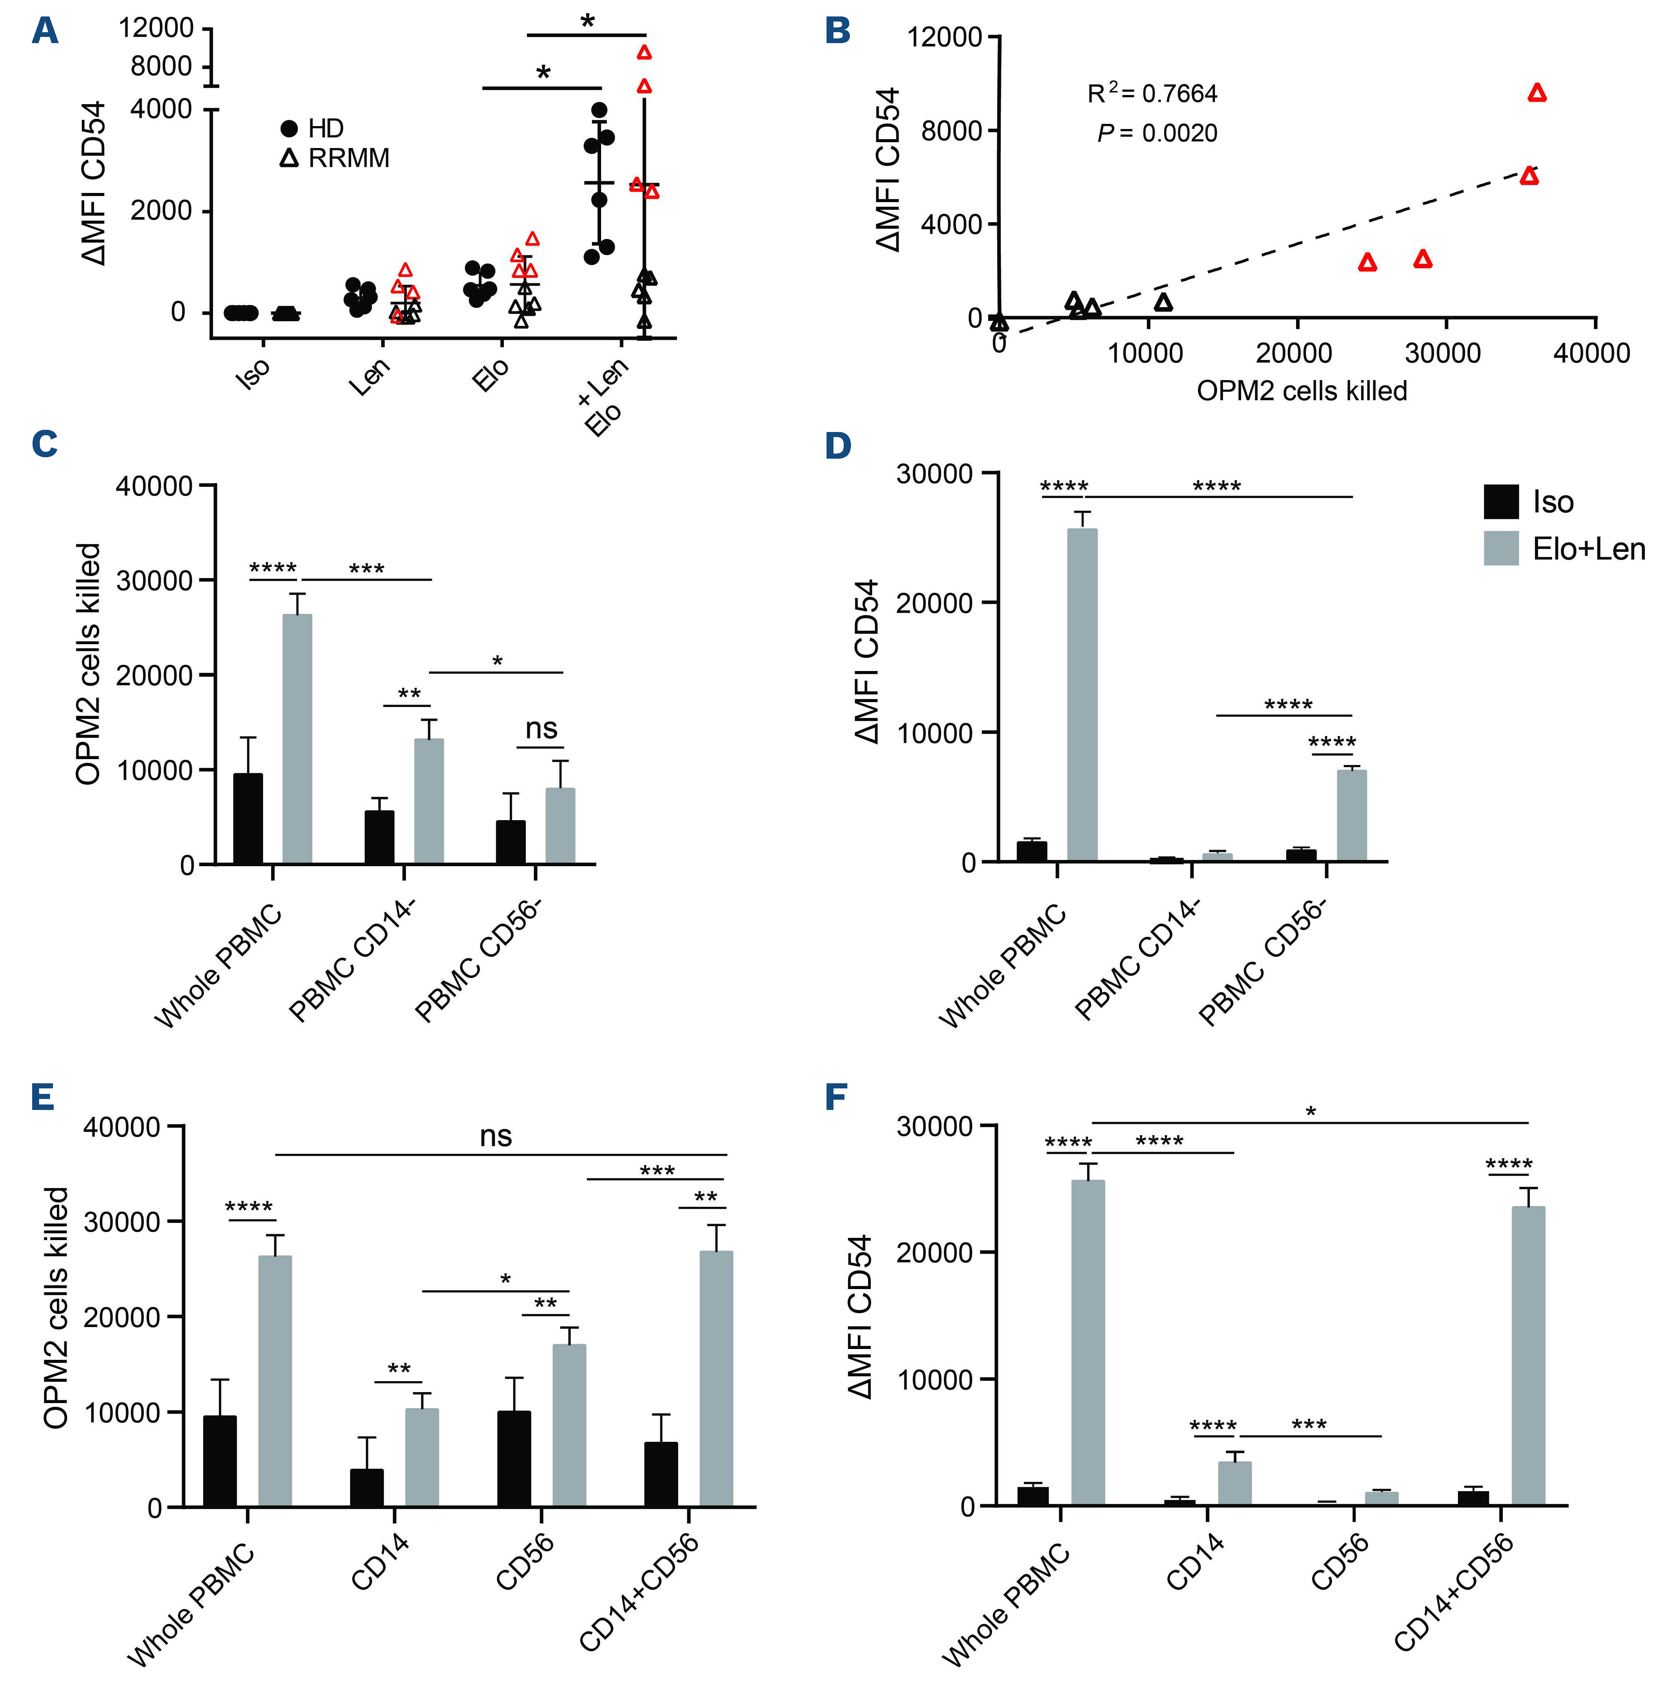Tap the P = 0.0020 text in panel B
click(1157, 133)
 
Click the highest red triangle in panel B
click(1537, 93)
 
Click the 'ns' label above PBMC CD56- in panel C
click(542, 729)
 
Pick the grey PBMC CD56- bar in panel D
click(1351, 815)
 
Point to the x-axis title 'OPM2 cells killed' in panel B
click(1302, 391)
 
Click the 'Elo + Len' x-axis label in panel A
click(601, 397)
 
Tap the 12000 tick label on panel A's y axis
click(157, 28)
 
